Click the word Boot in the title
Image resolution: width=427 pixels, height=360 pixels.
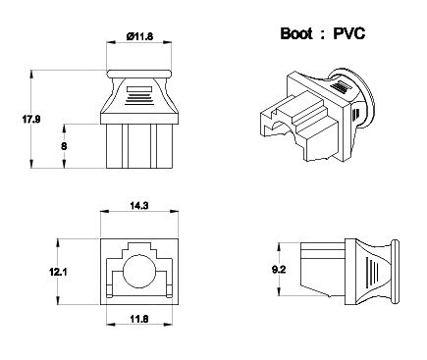296,33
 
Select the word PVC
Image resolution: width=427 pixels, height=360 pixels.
349,33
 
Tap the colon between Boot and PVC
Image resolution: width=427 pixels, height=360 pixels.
323,34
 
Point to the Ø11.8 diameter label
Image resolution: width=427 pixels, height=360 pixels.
139,36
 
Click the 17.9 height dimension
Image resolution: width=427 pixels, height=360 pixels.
31,119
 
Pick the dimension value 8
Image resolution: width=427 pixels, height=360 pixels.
64,146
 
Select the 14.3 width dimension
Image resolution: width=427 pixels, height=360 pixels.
139,206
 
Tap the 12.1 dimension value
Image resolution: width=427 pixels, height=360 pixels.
58,272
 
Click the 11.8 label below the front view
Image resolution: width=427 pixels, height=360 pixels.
139,319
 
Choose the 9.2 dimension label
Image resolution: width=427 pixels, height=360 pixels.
279,270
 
